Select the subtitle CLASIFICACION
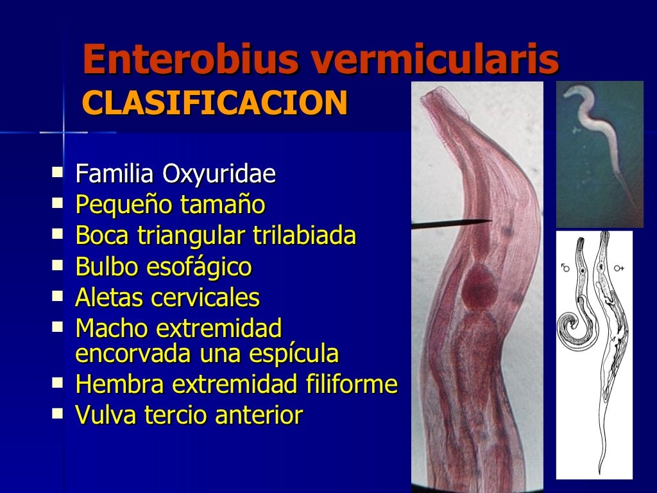click(215, 103)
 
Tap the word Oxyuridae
click(219, 174)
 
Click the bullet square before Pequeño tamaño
click(58, 204)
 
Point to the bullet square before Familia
click(58, 173)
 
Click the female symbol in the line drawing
click(620, 267)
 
